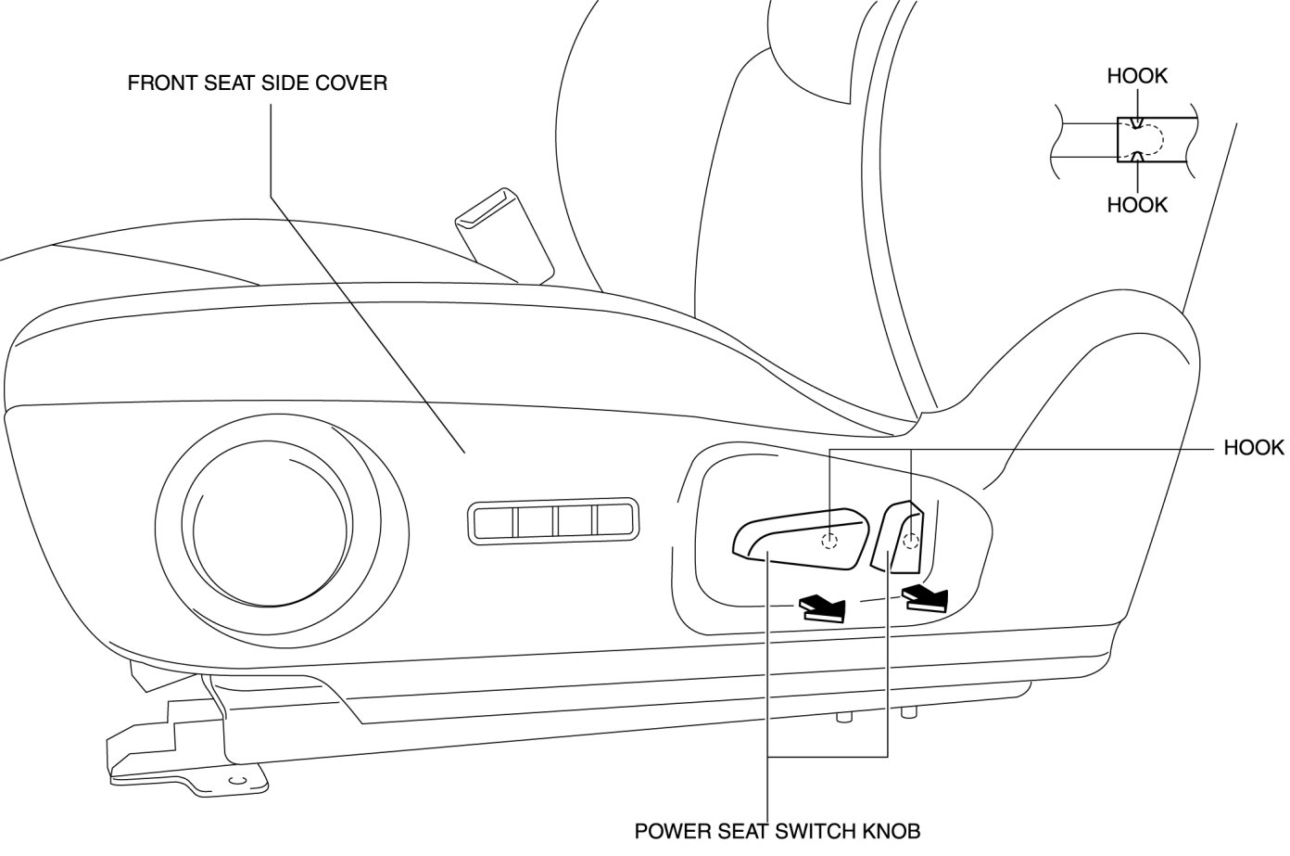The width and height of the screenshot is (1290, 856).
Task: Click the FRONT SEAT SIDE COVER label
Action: [x=257, y=83]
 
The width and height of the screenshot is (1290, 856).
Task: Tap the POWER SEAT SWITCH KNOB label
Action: [x=778, y=830]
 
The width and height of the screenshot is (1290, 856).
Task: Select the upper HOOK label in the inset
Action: [x=1137, y=76]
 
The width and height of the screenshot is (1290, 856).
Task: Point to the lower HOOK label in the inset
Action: [x=1137, y=204]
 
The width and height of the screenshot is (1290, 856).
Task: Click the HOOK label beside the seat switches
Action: [x=1254, y=448]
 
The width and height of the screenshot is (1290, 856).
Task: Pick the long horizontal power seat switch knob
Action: [x=797, y=539]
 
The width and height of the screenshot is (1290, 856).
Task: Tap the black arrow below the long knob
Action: [x=823, y=607]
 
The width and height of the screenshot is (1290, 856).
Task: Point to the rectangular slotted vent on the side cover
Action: [x=553, y=522]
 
